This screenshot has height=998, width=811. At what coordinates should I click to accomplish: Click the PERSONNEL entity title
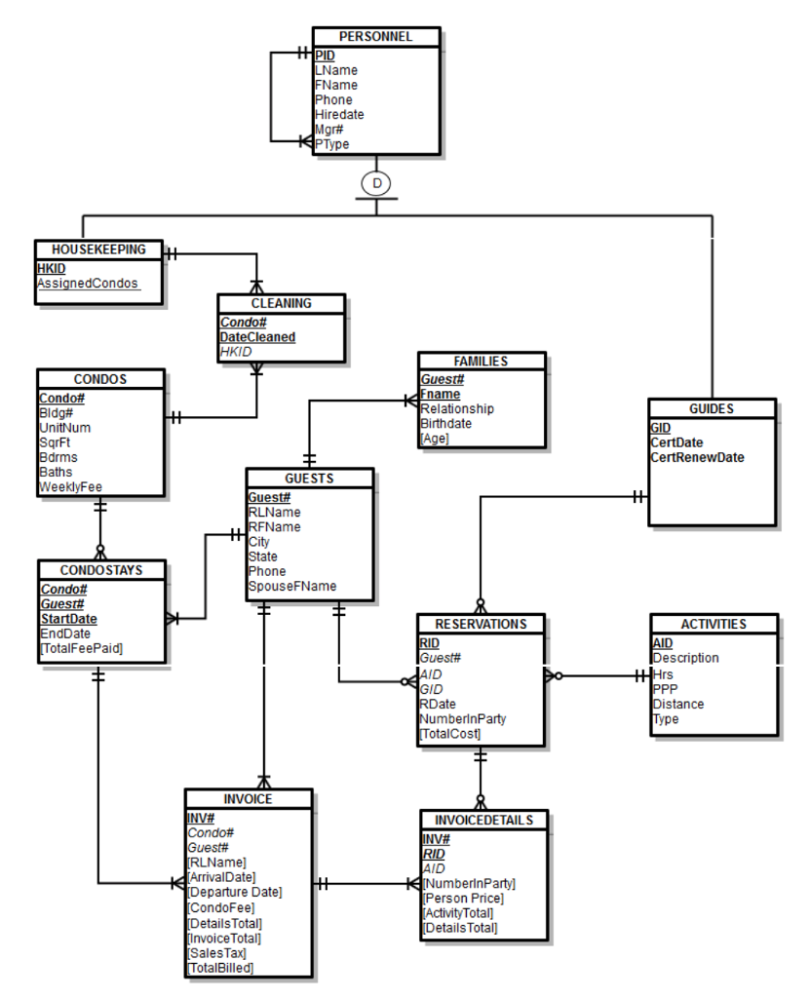tap(375, 37)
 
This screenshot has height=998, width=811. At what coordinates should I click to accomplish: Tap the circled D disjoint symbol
tap(375, 181)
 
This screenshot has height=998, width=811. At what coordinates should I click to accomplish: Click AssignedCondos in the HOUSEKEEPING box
tap(88, 284)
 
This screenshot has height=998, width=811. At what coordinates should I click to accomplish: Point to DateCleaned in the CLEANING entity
tap(257, 336)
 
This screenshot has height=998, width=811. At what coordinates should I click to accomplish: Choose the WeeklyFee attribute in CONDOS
tap(70, 486)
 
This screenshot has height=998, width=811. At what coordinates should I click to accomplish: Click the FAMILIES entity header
tap(482, 361)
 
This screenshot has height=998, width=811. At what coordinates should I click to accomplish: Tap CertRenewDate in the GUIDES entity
tap(697, 456)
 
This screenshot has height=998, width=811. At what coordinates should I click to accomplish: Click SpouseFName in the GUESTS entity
tap(292, 586)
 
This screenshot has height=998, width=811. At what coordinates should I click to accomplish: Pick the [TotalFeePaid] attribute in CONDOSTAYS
tap(81, 647)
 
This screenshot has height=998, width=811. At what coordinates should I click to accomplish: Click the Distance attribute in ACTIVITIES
tap(677, 704)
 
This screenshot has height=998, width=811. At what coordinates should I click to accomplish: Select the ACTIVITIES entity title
tap(714, 624)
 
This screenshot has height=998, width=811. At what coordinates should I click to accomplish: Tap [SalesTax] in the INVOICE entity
tap(216, 952)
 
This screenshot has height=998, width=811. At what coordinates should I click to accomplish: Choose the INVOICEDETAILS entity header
tap(484, 820)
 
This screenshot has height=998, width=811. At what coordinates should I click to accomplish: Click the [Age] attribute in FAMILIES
tap(436, 439)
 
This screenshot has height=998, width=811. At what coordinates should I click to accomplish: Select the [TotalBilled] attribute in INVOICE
tap(220, 967)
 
